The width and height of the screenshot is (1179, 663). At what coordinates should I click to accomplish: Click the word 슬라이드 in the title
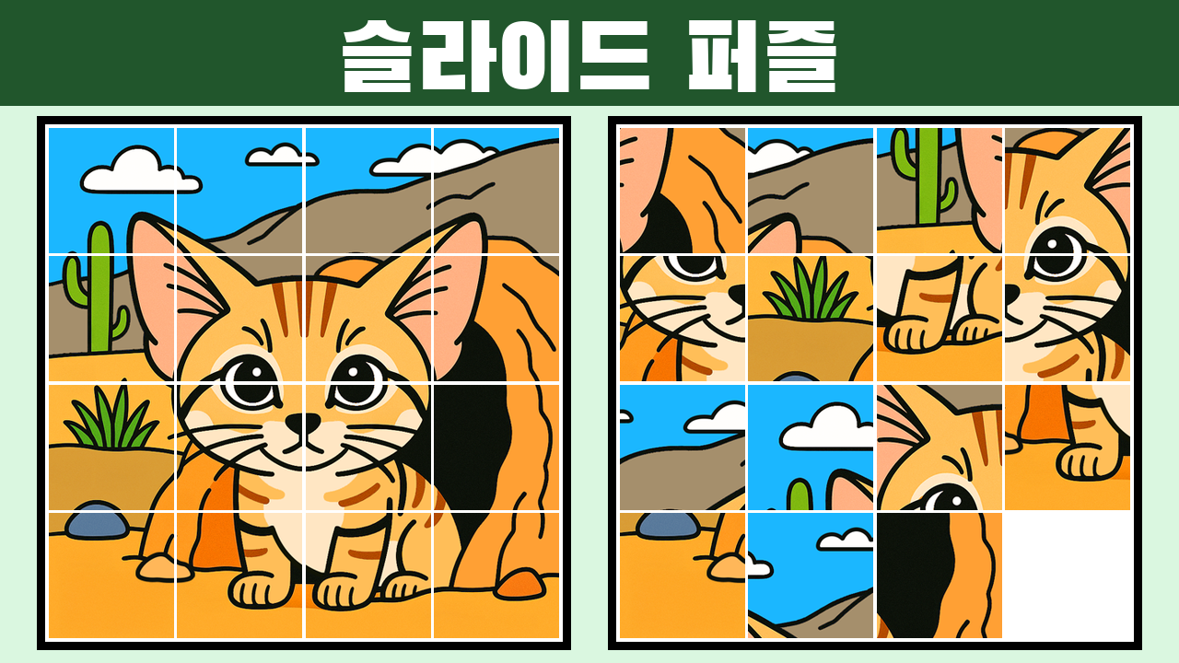(496, 56)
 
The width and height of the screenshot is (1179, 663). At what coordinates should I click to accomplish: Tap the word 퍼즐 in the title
(762, 56)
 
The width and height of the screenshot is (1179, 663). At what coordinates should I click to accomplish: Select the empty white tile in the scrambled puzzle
(1068, 576)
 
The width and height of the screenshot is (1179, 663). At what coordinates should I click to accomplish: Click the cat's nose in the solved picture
(303, 422)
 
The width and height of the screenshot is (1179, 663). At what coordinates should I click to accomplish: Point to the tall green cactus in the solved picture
(98, 286)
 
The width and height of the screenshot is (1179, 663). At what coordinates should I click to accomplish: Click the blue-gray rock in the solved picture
(97, 519)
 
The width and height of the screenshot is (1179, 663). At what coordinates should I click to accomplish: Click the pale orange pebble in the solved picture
(164, 568)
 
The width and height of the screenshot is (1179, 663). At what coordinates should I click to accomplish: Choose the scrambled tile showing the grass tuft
(811, 319)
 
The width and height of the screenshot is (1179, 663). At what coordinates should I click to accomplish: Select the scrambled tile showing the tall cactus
(939, 191)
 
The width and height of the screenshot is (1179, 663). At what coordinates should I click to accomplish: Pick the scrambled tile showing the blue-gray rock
(683, 576)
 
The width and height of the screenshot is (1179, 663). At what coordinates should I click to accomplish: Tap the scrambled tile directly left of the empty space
(939, 576)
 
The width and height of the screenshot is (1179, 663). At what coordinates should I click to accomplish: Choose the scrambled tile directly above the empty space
(1068, 448)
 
